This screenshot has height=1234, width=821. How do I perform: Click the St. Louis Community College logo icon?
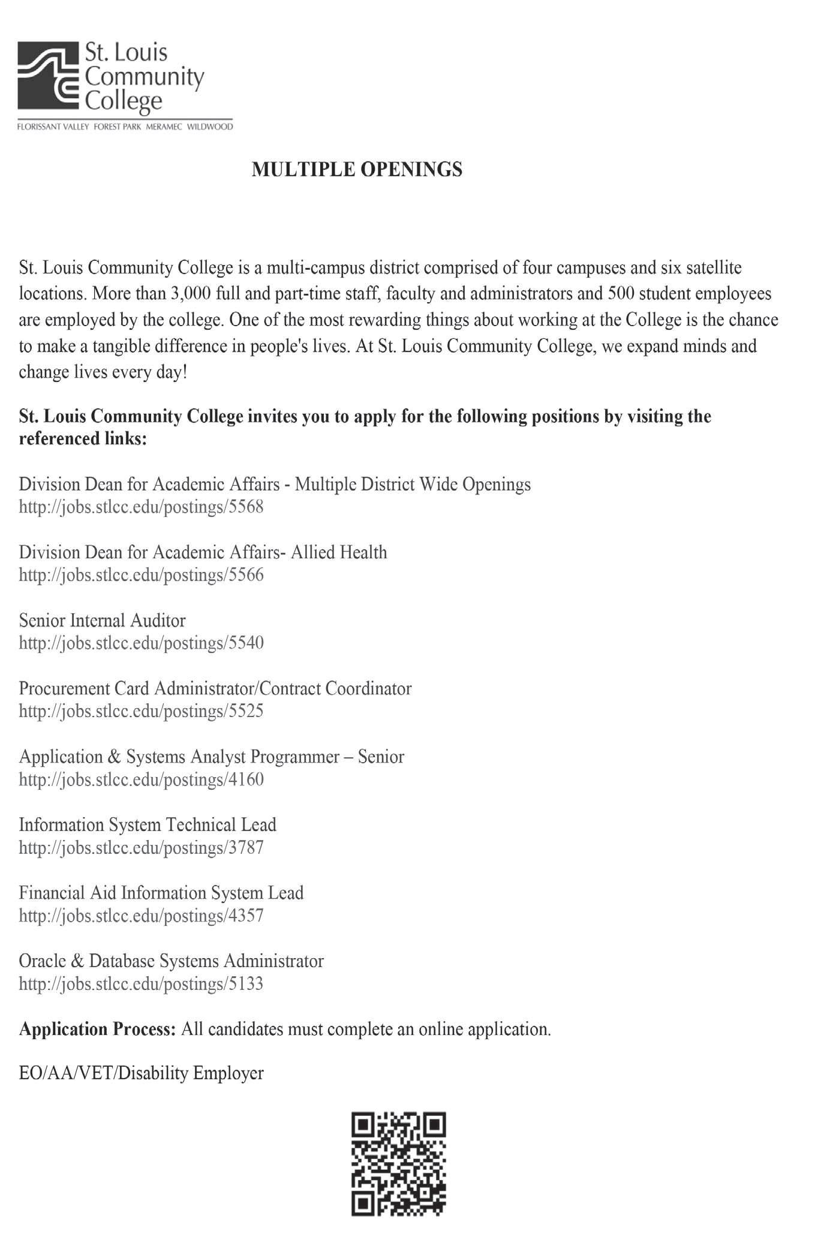(48, 75)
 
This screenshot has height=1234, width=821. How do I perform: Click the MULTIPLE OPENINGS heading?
(357, 170)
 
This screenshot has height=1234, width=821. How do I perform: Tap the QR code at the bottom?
(398, 1164)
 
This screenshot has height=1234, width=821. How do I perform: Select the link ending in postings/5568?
(141, 507)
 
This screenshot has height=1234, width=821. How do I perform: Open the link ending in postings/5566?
(141, 576)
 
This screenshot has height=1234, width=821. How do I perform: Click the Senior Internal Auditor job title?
(102, 620)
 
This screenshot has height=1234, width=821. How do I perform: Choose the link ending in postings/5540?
(141, 643)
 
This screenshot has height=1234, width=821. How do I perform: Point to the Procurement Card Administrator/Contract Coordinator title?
(215, 688)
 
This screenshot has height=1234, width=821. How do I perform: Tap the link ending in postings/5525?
(141, 712)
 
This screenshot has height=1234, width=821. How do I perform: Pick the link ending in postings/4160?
(141, 780)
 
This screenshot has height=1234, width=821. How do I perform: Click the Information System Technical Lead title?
(148, 825)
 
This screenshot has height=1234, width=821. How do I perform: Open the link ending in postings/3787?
(141, 848)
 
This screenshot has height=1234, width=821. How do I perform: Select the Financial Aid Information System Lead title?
(161, 893)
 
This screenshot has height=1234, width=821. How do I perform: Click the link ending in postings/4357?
(141, 916)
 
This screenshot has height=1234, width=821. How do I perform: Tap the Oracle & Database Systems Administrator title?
(171, 961)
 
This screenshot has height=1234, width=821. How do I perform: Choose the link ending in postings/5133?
(141, 985)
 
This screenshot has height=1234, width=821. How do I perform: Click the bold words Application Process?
(97, 1030)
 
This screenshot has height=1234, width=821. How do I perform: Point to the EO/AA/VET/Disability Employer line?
(141, 1073)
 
